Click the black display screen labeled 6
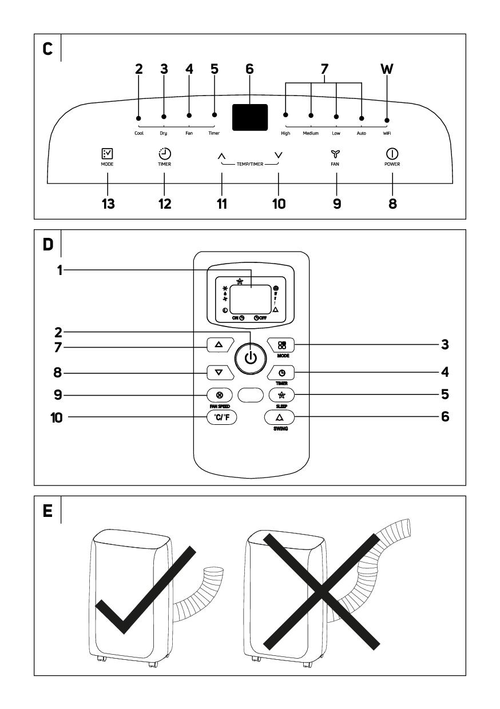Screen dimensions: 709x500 250,117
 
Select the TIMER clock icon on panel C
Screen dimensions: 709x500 165,153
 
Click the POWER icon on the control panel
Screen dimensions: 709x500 392,153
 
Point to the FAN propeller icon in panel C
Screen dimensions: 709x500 336,153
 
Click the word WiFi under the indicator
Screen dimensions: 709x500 387,133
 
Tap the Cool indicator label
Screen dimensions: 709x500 139,133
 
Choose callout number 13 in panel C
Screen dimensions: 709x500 108,204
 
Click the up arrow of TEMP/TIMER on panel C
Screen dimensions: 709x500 222,155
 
